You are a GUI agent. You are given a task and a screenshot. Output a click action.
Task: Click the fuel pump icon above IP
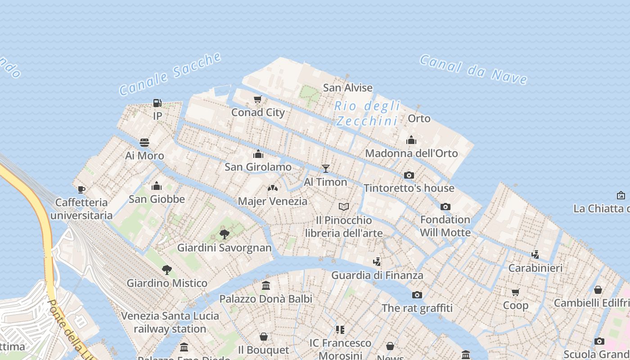pyautogui.click(x=157, y=103)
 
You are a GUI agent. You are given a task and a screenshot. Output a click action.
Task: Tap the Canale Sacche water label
pyautogui.click(x=171, y=74)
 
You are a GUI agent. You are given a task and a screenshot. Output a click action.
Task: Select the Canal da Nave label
pyautogui.click(x=473, y=70)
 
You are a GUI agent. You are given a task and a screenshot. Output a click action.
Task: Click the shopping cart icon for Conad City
pyautogui.click(x=258, y=99)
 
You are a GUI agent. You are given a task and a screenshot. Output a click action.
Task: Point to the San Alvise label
pyautogui.click(x=348, y=88)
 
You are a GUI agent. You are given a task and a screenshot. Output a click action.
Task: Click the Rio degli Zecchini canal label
pyautogui.click(x=368, y=113)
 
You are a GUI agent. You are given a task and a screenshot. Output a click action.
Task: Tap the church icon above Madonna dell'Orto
pyautogui.click(x=411, y=140)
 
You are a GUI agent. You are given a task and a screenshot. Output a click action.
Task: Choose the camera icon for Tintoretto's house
pyautogui.click(x=409, y=175)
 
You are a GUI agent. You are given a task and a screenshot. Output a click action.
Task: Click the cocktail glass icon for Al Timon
pyautogui.click(x=325, y=169)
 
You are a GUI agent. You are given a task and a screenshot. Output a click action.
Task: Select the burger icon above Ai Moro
pyautogui.click(x=144, y=143)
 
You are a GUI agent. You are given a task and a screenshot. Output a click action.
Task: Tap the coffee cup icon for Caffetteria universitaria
pyautogui.click(x=81, y=189)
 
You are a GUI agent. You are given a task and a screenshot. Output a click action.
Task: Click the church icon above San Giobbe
pyautogui.click(x=157, y=186)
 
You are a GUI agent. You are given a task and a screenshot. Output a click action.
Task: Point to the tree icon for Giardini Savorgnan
pyautogui.click(x=224, y=234)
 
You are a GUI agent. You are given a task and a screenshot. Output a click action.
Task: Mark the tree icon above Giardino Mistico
pyautogui.click(x=167, y=270)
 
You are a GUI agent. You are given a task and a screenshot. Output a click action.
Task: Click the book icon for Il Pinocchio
pyautogui.click(x=344, y=207)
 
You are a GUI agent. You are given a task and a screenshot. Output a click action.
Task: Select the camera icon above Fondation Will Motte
pyautogui.click(x=445, y=207)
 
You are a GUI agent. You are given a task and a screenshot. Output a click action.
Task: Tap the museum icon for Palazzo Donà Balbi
pyautogui.click(x=265, y=286)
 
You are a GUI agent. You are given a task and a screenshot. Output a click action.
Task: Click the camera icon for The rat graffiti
pyautogui.click(x=417, y=295)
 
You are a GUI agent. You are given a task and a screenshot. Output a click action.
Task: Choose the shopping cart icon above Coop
pyautogui.click(x=516, y=292)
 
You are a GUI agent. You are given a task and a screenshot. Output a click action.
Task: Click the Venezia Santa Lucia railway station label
pyautogui.click(x=170, y=322)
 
